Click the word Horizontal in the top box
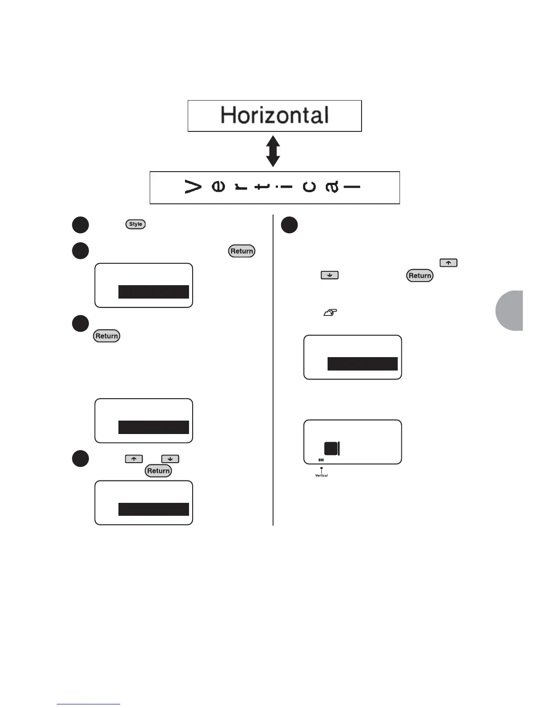pos(274,115)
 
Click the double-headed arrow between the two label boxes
pos(273,152)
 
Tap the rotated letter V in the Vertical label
pos(193,187)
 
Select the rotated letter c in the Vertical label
pos(309,187)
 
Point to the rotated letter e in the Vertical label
pos(218,187)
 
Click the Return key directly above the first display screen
pos(242,251)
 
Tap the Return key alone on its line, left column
pos(106,336)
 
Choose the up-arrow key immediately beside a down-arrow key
pos(134,459)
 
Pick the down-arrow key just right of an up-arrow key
pos(170,459)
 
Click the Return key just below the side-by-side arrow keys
pos(158,471)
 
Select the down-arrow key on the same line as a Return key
pos(329,275)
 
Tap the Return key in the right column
pos(420,275)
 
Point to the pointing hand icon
pos(330,313)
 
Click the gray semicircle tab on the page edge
pos(510,310)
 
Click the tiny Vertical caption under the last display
pos(321,476)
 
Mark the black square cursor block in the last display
pos(331,448)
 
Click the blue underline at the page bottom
pos(88,704)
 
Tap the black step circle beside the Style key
pos(80,225)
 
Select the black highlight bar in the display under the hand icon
pos(362,364)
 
